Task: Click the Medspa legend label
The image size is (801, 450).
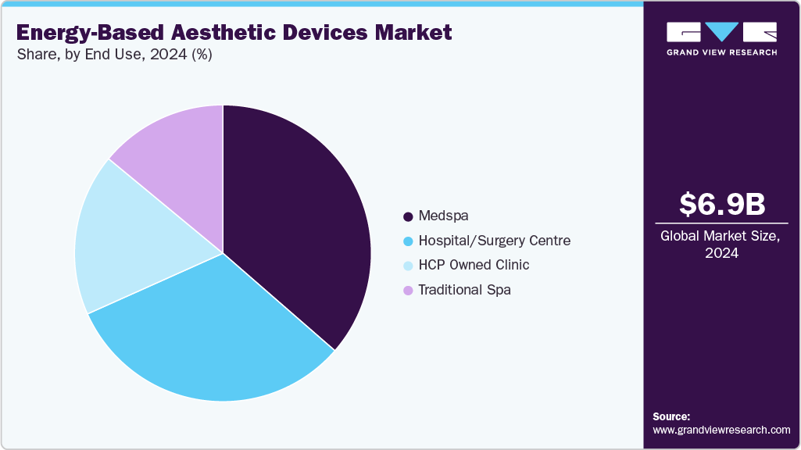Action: [x=443, y=216]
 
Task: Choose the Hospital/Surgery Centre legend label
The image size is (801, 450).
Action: [x=494, y=241]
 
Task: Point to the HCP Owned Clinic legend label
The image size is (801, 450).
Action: [x=474, y=265]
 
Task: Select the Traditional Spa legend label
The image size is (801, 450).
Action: [x=464, y=290]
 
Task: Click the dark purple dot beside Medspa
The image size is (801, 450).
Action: [x=408, y=216]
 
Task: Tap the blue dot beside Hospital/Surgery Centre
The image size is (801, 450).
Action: [x=408, y=241]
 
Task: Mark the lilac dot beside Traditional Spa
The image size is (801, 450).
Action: [x=408, y=291]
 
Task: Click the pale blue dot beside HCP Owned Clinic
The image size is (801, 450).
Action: [x=408, y=266]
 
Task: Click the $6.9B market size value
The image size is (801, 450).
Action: [x=721, y=204]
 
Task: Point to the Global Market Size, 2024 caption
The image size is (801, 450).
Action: [x=721, y=244]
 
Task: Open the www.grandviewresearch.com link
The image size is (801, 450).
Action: [x=721, y=430]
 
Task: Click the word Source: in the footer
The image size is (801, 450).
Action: [x=671, y=416]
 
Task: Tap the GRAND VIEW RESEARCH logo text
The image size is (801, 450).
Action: [x=721, y=52]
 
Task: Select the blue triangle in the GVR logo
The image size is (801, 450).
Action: [x=721, y=31]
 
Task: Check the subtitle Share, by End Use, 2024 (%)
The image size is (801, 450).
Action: [x=114, y=55]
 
